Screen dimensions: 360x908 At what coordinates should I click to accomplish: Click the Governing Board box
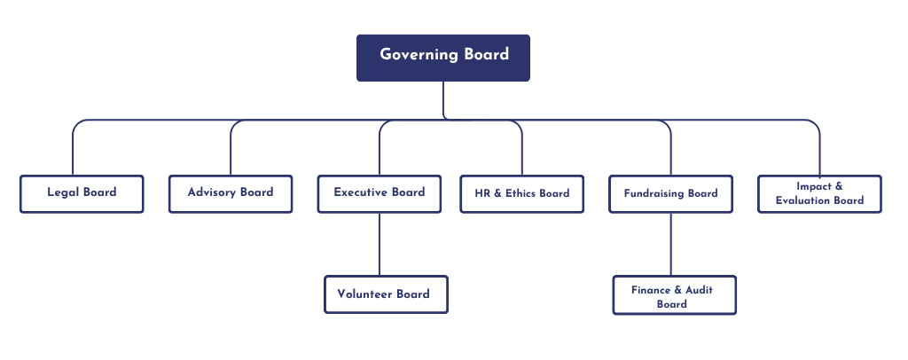click(442, 58)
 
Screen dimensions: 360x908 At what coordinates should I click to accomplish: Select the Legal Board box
click(82, 193)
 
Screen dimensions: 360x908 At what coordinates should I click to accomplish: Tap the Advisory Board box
click(231, 193)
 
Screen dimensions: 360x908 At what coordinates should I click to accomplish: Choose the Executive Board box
click(380, 193)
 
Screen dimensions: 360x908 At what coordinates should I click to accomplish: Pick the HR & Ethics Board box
click(521, 193)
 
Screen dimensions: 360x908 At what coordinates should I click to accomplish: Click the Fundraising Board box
click(670, 193)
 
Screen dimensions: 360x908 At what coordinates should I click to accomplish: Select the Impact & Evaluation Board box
click(819, 193)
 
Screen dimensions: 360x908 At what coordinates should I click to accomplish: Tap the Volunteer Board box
click(385, 294)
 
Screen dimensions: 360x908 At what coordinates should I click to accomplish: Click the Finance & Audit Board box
click(674, 295)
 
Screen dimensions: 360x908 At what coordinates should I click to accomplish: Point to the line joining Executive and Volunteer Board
click(380, 244)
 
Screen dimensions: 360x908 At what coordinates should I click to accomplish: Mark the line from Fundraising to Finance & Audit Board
click(670, 244)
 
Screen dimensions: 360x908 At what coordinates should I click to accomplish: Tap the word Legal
click(63, 192)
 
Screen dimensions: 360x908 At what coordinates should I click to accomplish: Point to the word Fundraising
click(654, 193)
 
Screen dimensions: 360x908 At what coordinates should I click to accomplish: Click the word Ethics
click(521, 193)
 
